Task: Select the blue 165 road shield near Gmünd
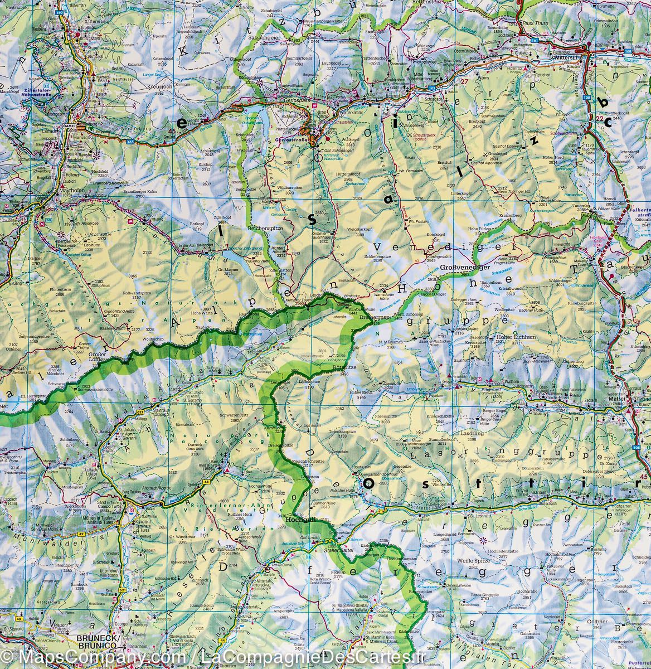click(x=130, y=143)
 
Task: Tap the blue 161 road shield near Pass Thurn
click(x=535, y=41)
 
